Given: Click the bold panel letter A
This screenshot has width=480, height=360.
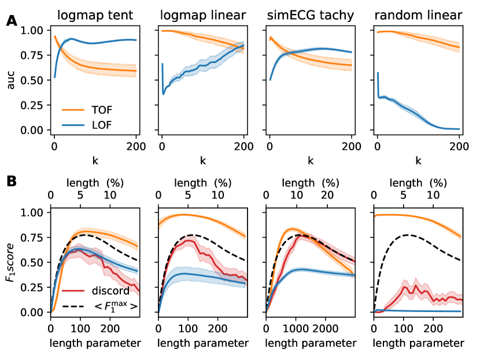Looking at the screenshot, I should tap(12, 21).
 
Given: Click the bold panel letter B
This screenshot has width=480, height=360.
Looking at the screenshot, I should tap(12, 181).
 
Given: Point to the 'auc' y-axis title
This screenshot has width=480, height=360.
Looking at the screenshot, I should tap(11, 80).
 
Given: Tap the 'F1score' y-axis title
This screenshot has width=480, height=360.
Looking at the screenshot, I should tap(11, 262).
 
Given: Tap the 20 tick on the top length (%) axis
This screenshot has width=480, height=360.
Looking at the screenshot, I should tap(327, 196).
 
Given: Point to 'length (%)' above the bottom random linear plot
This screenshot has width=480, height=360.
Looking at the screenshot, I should tap(418, 183).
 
